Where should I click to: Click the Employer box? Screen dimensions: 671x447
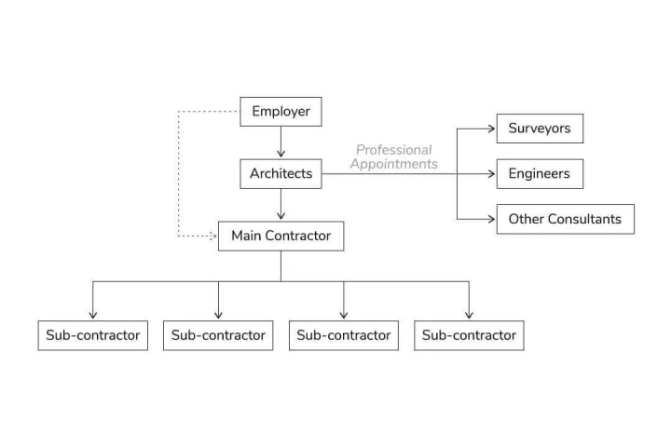click(x=281, y=112)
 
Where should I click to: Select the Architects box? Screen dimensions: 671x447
click(x=281, y=173)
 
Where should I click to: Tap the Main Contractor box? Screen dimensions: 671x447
click(x=281, y=236)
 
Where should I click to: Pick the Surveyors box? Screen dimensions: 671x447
click(x=540, y=129)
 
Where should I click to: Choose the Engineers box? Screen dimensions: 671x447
click(x=540, y=173)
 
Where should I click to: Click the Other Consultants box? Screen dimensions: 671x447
click(x=566, y=219)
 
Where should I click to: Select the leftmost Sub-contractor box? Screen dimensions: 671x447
click(x=93, y=335)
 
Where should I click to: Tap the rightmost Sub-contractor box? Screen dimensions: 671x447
click(x=469, y=335)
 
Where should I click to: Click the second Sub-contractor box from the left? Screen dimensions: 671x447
click(x=218, y=335)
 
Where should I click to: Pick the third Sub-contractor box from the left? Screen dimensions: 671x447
click(x=344, y=335)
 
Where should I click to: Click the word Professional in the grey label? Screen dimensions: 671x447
click(x=393, y=150)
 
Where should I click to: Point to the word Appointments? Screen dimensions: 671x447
click(x=393, y=164)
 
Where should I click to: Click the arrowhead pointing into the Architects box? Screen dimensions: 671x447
click(x=281, y=153)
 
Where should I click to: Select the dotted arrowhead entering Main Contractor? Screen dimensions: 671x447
click(x=212, y=236)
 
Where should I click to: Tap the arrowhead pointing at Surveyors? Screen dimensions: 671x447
click(x=491, y=129)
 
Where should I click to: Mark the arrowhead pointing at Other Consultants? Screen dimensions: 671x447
click(x=491, y=219)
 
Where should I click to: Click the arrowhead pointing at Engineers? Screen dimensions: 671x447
click(x=491, y=173)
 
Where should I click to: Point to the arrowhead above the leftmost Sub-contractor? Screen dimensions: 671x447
click(x=93, y=315)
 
